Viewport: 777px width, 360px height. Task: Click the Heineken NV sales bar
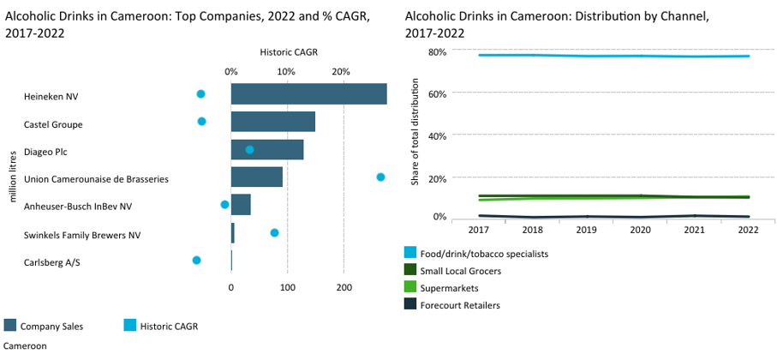pos(308,94)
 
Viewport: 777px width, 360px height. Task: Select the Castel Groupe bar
pos(273,122)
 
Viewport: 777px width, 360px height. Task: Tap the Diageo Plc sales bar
pos(267,149)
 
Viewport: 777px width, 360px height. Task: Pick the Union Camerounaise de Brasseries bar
pos(257,177)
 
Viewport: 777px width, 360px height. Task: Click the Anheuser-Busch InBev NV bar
pos(241,204)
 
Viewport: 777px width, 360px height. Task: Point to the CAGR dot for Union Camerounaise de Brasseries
pos(380,177)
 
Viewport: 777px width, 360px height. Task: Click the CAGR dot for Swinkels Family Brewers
pos(274,232)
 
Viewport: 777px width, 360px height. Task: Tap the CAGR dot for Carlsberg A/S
pos(197,261)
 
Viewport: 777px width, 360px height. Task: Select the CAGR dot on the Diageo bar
pos(250,150)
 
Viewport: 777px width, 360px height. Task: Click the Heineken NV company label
pos(51,97)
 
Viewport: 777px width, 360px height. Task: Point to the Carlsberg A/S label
pos(52,263)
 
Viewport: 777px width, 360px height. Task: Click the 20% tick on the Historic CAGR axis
pos(342,71)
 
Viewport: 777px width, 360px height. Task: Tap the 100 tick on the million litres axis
pos(287,288)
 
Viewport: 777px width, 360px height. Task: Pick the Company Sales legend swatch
pos(10,326)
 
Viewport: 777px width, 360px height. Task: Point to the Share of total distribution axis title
pos(415,131)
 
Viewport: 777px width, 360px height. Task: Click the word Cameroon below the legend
pos(26,346)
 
